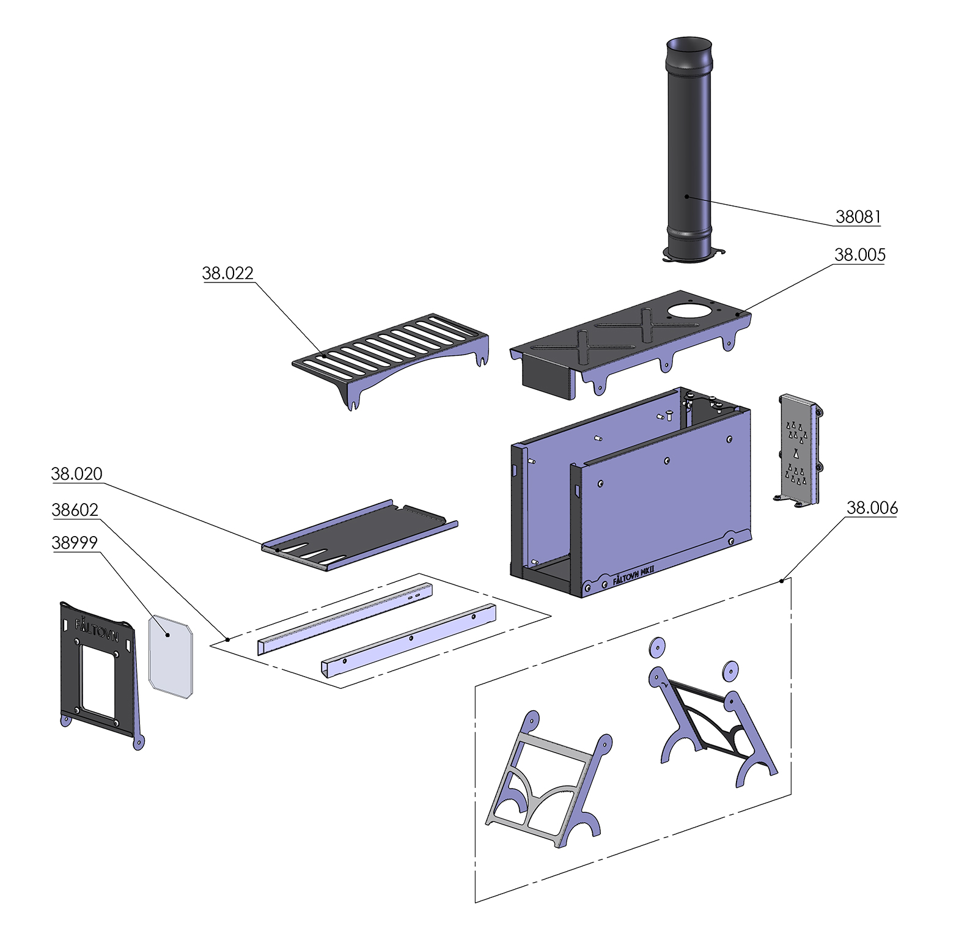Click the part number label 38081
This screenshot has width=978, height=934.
pyautogui.click(x=858, y=216)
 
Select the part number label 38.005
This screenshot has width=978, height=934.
pyautogui.click(x=859, y=255)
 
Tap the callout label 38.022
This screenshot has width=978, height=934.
pyautogui.click(x=227, y=273)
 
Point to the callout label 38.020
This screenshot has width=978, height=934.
pyautogui.click(x=76, y=474)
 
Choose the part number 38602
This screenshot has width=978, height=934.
pyautogui.click(x=75, y=510)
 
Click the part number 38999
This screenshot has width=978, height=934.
pyautogui.click(x=75, y=543)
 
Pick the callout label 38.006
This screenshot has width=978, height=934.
pyautogui.click(x=872, y=508)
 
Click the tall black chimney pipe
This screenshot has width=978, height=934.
pyautogui.click(x=689, y=147)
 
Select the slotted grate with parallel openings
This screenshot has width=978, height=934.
pyautogui.click(x=391, y=345)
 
